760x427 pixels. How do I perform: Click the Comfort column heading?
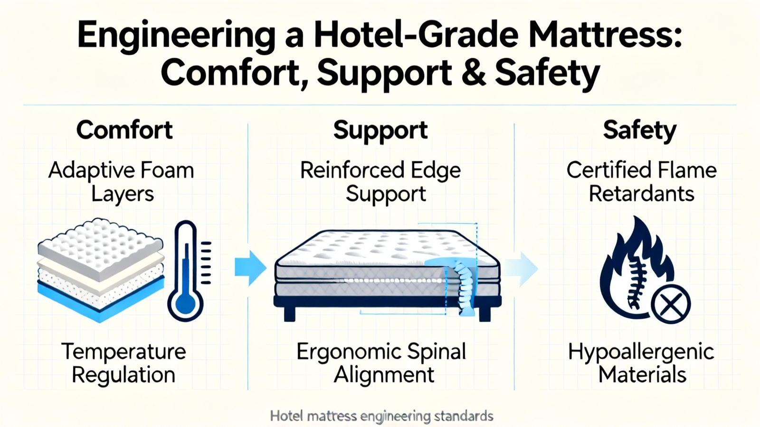click(124, 130)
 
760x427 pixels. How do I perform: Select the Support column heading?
click(380, 130)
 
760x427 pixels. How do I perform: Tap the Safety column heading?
click(639, 130)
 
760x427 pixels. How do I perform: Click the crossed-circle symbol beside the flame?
click(670, 304)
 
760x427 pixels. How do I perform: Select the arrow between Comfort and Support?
click(250, 268)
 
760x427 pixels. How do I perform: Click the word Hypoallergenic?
click(641, 352)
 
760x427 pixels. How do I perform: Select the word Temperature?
click(123, 352)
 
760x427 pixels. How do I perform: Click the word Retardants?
click(641, 194)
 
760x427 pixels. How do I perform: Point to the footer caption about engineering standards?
click(381, 417)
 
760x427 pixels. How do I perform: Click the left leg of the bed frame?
click(289, 314)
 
